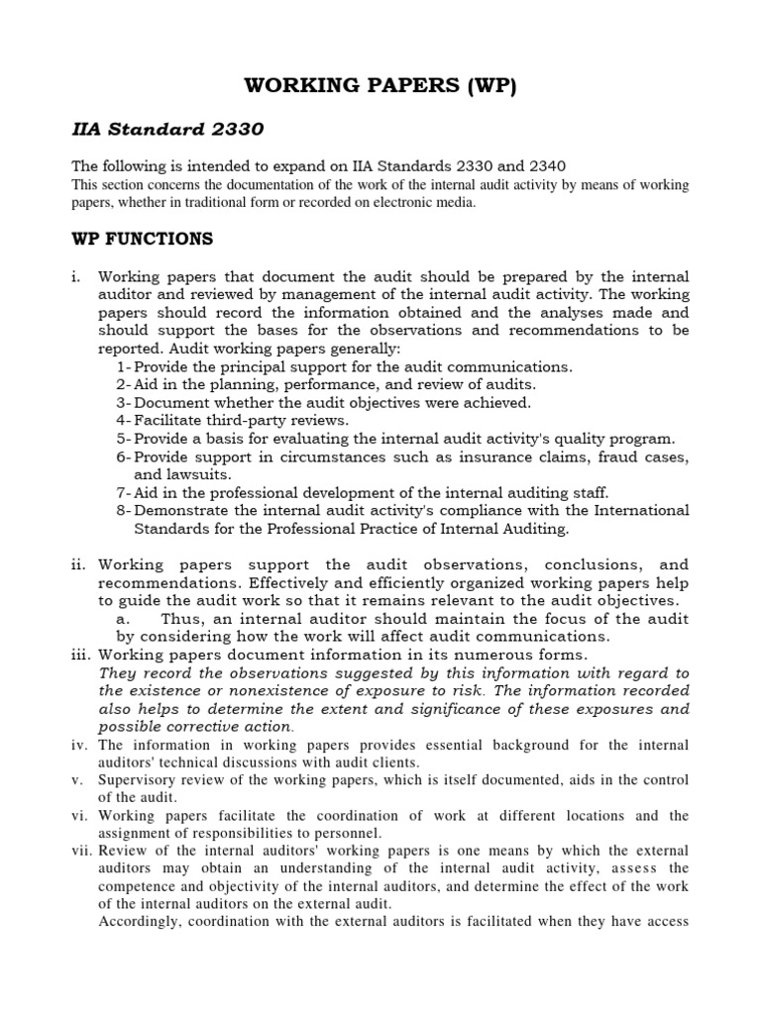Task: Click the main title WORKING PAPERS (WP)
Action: pos(380,86)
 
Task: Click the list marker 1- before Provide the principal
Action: pos(124,366)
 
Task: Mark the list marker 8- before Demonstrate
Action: pos(124,510)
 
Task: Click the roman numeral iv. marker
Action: pos(80,745)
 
